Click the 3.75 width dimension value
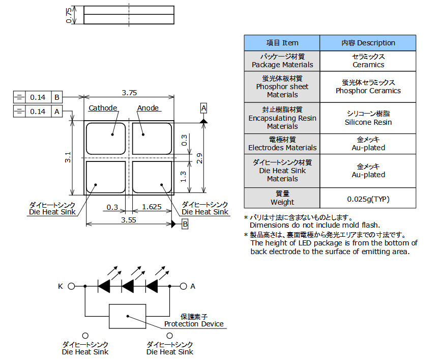click(x=129, y=93)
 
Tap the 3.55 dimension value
click(x=128, y=220)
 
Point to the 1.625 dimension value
click(x=152, y=207)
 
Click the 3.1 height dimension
click(x=68, y=157)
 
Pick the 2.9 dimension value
click(x=200, y=158)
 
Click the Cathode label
click(x=103, y=108)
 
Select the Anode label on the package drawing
click(x=148, y=108)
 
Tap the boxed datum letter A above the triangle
click(x=203, y=108)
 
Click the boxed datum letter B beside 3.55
click(x=185, y=224)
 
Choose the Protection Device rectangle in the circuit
click(x=127, y=316)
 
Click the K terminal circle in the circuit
click(x=71, y=287)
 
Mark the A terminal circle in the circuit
click(x=183, y=287)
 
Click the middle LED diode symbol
click(x=128, y=287)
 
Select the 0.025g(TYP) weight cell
click(x=368, y=198)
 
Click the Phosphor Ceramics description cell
click(x=368, y=87)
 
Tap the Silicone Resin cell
click(x=368, y=118)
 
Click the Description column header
click(x=368, y=43)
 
